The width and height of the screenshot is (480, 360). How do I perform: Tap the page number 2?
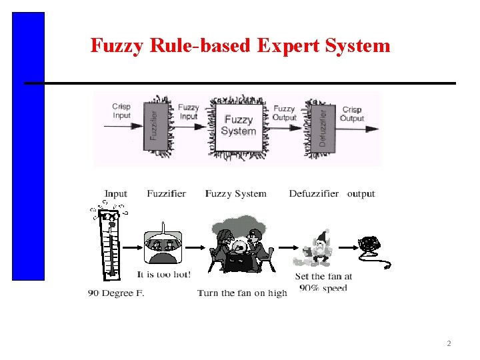click(x=449, y=344)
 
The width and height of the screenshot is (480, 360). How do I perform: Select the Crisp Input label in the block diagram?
click(x=121, y=111)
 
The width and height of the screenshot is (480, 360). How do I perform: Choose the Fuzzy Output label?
click(x=284, y=113)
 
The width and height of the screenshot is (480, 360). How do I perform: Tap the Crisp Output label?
click(x=351, y=114)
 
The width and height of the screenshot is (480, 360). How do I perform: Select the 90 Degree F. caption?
click(x=116, y=293)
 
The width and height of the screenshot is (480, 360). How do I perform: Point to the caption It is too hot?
click(x=163, y=274)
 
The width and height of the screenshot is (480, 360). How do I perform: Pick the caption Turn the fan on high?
click(x=242, y=293)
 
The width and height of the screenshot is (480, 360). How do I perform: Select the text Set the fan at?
click(x=323, y=276)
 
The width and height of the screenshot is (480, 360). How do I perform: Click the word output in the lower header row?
click(x=361, y=194)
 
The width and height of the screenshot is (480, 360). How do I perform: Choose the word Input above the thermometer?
click(x=115, y=194)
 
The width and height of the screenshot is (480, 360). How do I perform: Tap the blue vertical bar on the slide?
click(x=28, y=147)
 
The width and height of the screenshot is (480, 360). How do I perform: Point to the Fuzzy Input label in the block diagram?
click(x=189, y=111)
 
